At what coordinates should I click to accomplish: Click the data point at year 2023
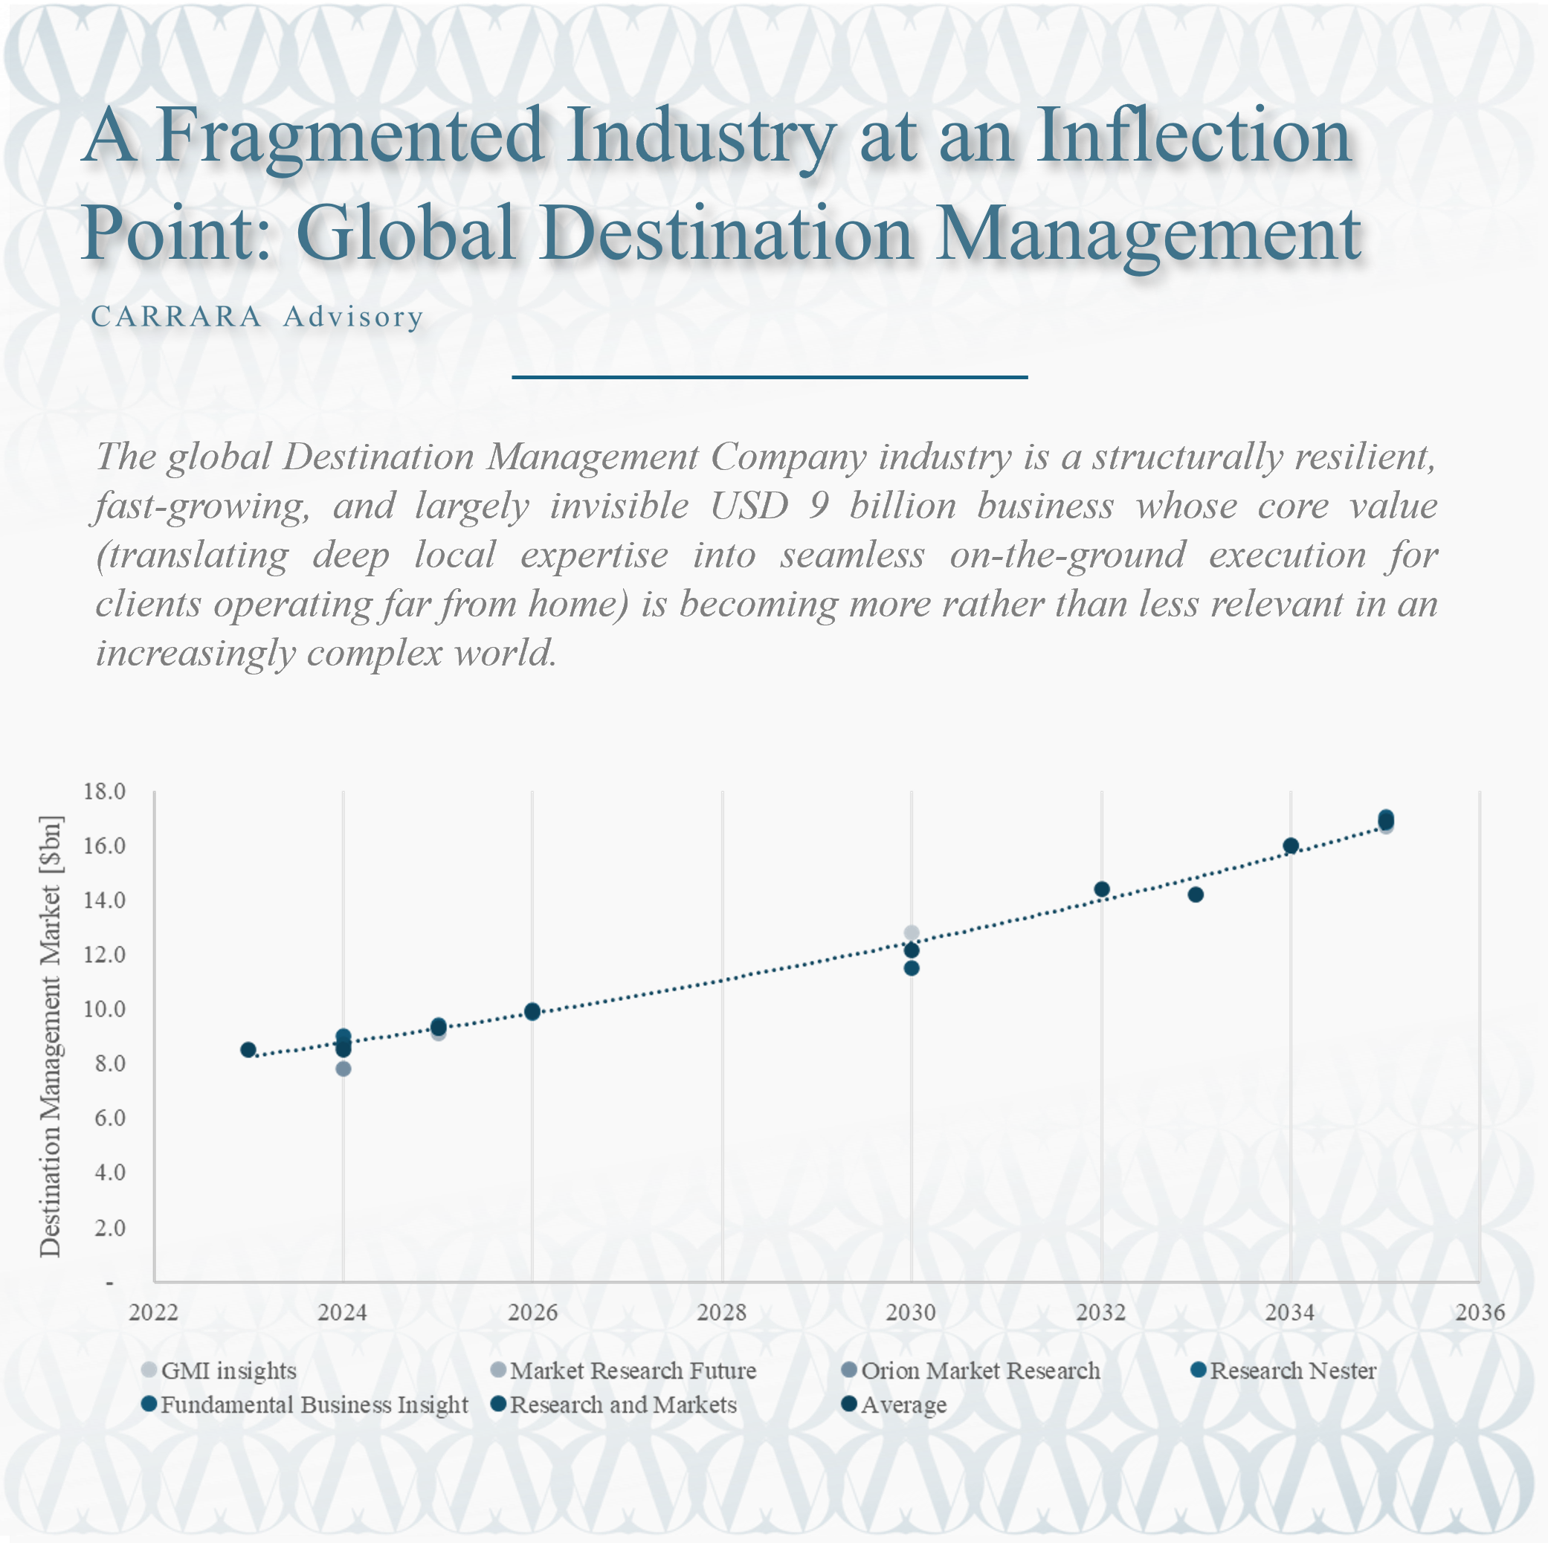248,1049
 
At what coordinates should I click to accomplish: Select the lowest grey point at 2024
343,1069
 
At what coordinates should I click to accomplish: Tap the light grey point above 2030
911,932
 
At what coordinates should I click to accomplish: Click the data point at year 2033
1196,894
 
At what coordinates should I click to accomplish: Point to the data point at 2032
1102,889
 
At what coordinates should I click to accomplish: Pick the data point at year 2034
1291,846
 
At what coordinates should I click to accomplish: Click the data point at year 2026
532,1012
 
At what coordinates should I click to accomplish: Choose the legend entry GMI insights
228,1370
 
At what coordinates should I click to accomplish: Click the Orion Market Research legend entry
979,1370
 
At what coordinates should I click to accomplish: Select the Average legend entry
903,1405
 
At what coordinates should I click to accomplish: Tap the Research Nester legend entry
1292,1370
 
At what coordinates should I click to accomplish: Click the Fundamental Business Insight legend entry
314,1405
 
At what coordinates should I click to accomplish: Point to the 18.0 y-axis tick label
105,791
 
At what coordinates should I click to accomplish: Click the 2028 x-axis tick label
721,1312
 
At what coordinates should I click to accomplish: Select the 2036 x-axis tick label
1480,1312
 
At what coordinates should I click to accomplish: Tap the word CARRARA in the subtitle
176,317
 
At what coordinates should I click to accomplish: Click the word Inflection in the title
1193,136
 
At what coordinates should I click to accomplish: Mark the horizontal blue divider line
770,376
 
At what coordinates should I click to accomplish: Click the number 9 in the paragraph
818,506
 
